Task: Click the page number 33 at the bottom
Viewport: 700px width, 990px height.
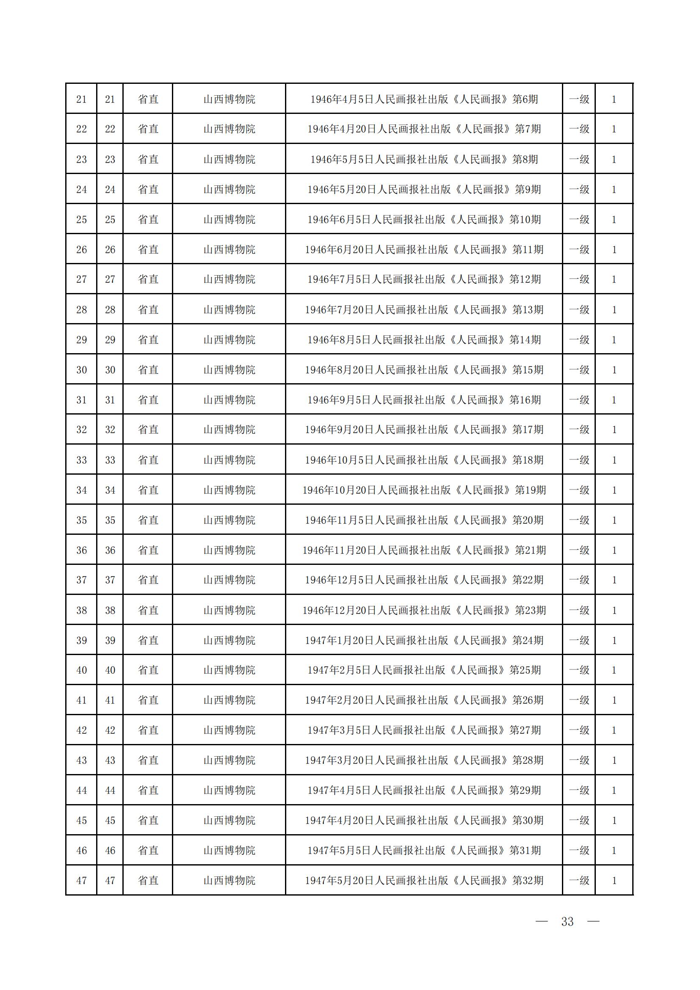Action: (567, 921)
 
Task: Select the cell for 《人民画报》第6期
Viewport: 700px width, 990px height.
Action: (424, 99)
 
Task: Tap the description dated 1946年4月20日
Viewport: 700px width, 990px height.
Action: (424, 129)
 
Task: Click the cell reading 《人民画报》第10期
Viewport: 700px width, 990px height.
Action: (424, 219)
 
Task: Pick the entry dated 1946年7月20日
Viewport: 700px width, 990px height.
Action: (424, 310)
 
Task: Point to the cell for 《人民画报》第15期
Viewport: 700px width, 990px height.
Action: (424, 370)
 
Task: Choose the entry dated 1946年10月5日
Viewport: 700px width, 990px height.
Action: (424, 460)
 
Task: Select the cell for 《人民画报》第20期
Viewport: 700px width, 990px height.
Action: (424, 520)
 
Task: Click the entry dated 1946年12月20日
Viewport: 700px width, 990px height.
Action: (424, 610)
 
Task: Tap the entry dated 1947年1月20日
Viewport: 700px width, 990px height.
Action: (424, 640)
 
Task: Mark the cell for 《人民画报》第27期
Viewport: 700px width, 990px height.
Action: (424, 730)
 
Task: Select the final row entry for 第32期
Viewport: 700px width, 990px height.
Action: (424, 880)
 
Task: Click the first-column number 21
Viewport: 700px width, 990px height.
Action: (81, 99)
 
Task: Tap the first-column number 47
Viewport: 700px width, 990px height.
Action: (81, 880)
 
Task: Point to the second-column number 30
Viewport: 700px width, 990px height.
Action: (110, 370)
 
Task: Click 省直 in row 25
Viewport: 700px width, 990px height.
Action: (148, 219)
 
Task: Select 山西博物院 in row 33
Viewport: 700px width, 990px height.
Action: (229, 460)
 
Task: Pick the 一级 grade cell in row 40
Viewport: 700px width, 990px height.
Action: (579, 670)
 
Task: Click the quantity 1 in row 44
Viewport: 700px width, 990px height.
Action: (614, 791)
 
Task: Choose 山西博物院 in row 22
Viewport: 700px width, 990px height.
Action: (229, 129)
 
